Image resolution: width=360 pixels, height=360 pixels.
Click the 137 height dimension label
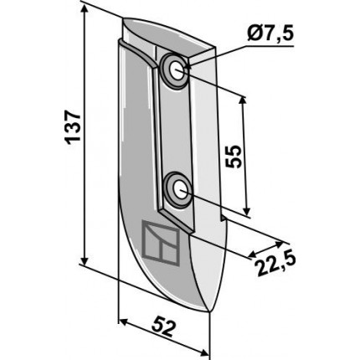coord(74,127)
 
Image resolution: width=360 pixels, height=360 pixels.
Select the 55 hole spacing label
coord(234,157)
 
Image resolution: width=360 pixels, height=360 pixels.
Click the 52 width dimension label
coord(165,328)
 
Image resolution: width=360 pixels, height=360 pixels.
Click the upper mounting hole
coord(177,70)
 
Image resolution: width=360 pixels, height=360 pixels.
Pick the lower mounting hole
coord(181,190)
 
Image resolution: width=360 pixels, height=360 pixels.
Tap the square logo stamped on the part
coord(161,243)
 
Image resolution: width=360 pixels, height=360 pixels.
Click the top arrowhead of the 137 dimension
coord(85,9)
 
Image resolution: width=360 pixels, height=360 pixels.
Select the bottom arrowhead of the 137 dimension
coord(85,260)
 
